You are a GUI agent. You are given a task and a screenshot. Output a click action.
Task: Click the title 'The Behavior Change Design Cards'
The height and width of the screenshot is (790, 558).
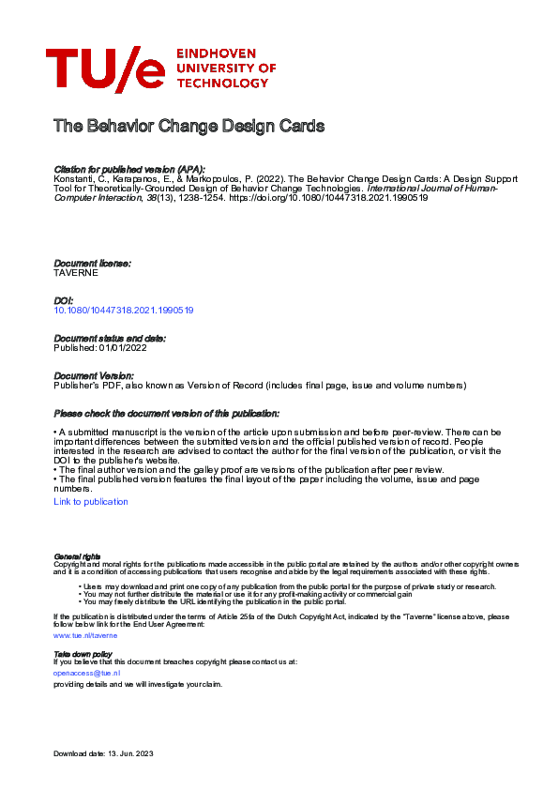[x=189, y=126]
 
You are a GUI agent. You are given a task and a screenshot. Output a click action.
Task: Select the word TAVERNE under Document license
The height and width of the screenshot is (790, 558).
[x=76, y=273]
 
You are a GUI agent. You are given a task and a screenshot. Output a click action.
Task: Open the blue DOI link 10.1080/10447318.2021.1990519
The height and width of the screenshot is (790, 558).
[x=124, y=310]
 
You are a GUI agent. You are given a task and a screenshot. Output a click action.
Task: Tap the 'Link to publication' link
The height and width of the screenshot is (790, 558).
[x=91, y=502]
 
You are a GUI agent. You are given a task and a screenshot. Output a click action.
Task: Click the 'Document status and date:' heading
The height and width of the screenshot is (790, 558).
[x=110, y=337]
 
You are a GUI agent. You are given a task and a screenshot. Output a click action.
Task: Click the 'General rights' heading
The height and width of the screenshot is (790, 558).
[x=77, y=556]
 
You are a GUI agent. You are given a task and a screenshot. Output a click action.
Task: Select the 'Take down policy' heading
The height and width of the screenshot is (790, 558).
[x=83, y=653]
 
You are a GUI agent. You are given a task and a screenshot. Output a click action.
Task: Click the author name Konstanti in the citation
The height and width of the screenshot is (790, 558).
[x=73, y=177]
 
